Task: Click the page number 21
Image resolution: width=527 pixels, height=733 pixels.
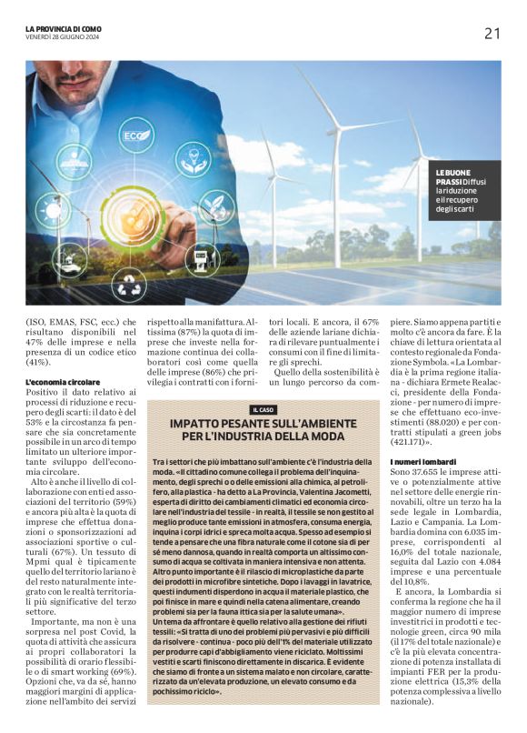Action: (x=492, y=34)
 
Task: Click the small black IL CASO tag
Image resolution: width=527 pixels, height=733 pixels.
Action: (x=263, y=410)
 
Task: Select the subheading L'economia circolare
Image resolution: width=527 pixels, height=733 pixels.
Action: (x=64, y=381)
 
